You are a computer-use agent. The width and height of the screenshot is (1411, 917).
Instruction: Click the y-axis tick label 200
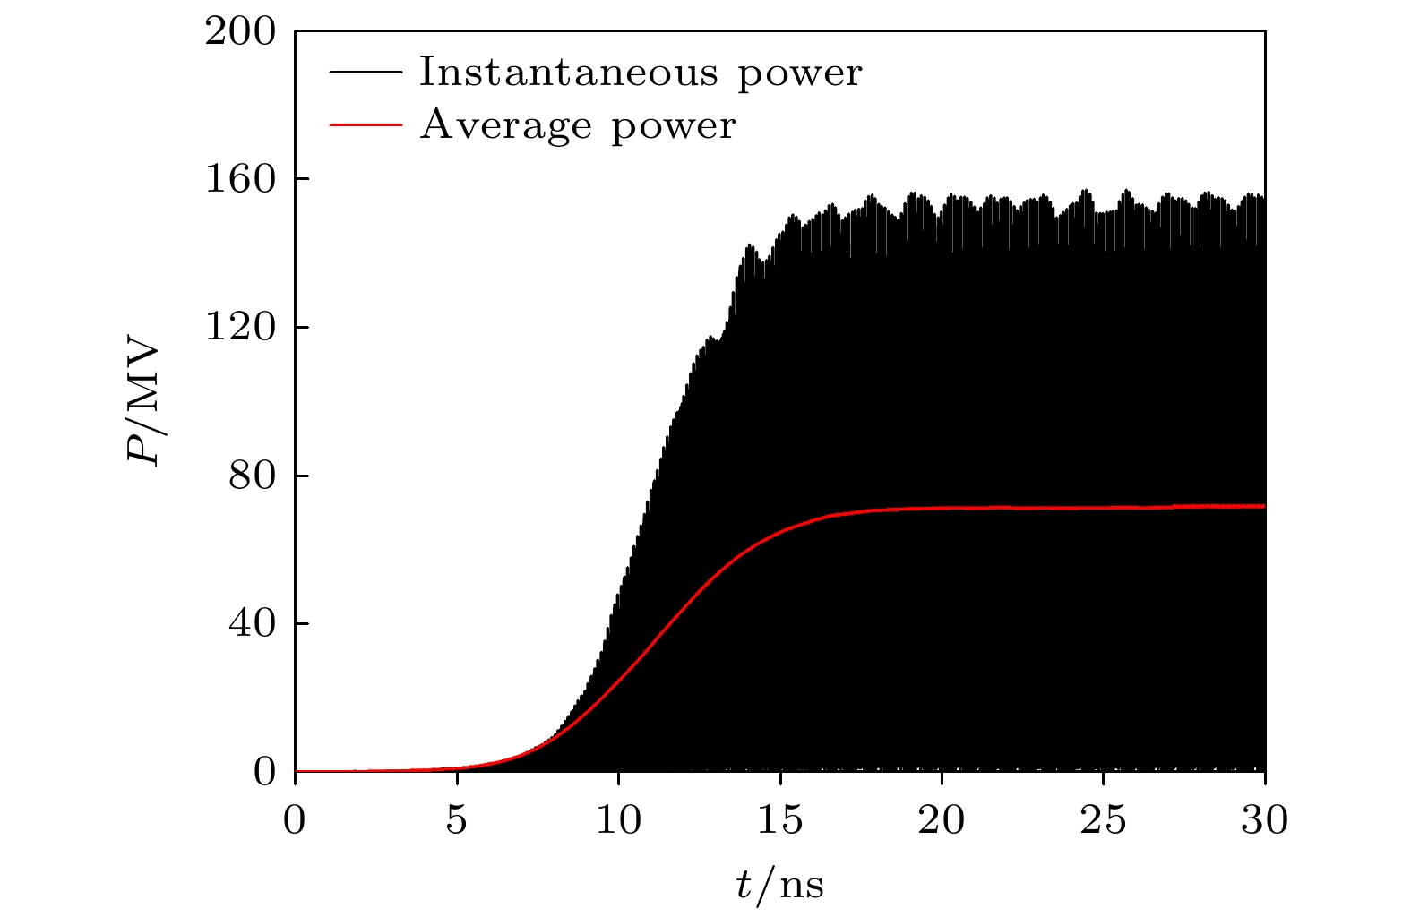(240, 32)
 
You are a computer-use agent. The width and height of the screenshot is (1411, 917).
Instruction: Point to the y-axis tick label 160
(240, 180)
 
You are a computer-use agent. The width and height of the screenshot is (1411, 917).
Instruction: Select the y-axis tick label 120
(240, 328)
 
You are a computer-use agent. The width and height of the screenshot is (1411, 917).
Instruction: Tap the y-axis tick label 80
(251, 476)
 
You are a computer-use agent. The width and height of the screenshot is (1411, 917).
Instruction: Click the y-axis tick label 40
(251, 623)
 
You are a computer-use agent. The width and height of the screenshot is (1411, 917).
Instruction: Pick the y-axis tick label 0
(264, 771)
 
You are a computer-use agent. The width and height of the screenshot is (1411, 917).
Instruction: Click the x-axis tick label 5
(457, 820)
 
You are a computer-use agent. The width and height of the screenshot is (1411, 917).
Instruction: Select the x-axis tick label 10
(618, 820)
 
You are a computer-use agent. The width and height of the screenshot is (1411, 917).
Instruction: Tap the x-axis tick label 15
(780, 820)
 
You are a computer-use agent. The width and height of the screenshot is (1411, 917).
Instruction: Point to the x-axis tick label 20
(942, 820)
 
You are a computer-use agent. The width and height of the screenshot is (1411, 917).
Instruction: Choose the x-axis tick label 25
(1104, 820)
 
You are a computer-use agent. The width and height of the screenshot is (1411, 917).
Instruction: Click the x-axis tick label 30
(1264, 820)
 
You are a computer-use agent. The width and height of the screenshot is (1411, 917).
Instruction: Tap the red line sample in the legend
(366, 125)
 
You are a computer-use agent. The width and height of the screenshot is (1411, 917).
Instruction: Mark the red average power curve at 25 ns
(1104, 508)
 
